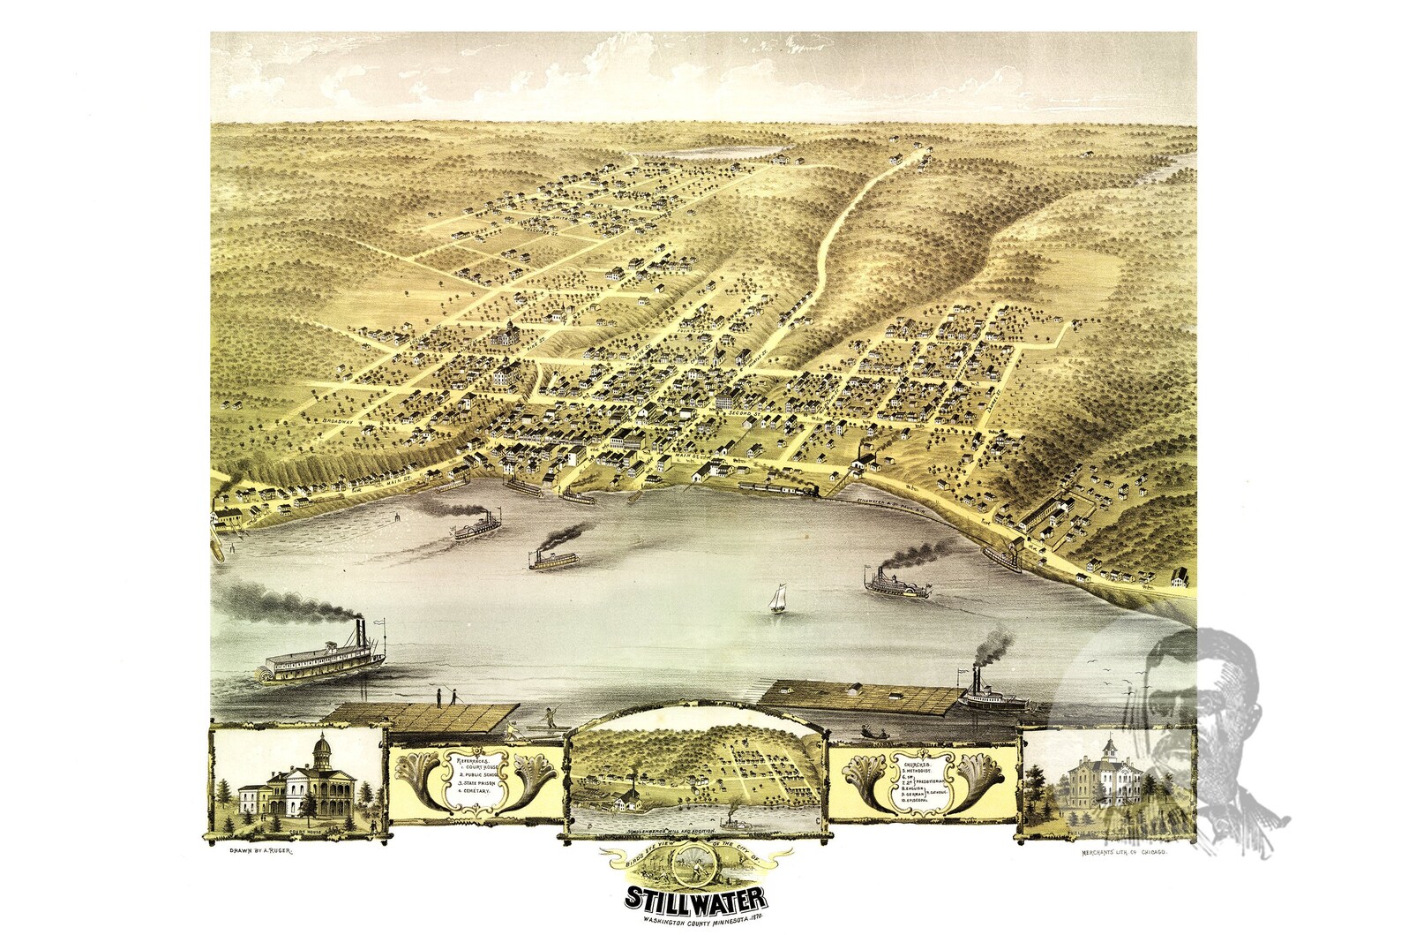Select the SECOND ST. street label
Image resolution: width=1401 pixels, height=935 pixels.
pyautogui.click(x=744, y=411)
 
